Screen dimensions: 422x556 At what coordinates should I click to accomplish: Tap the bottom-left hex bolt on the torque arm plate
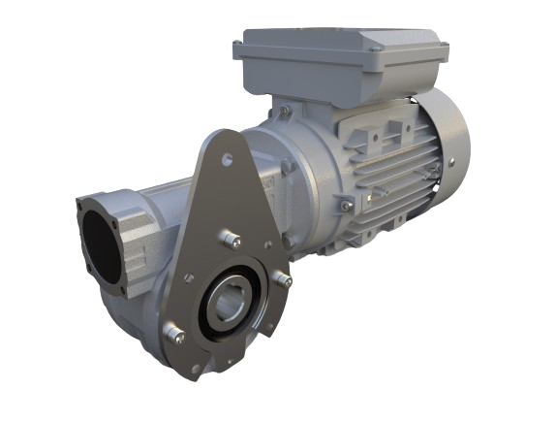[x=175, y=337]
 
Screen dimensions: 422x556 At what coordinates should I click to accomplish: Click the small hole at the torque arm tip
[x=226, y=150]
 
